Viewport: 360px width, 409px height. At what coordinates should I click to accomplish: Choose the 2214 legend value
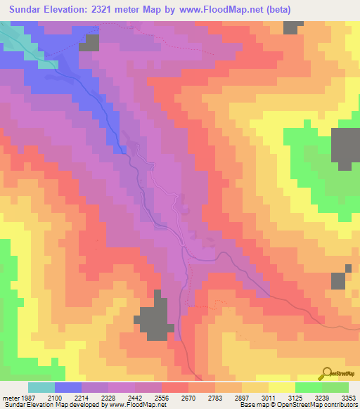(x=94, y=397)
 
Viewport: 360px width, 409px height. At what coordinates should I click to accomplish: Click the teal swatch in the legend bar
(x=41, y=387)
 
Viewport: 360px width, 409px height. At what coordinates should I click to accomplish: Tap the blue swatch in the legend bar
(x=68, y=387)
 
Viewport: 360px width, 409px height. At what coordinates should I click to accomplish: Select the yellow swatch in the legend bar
(x=282, y=387)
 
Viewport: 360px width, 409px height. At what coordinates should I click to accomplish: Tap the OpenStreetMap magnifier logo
(x=326, y=373)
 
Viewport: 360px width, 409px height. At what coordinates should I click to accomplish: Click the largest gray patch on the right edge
(x=345, y=148)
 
